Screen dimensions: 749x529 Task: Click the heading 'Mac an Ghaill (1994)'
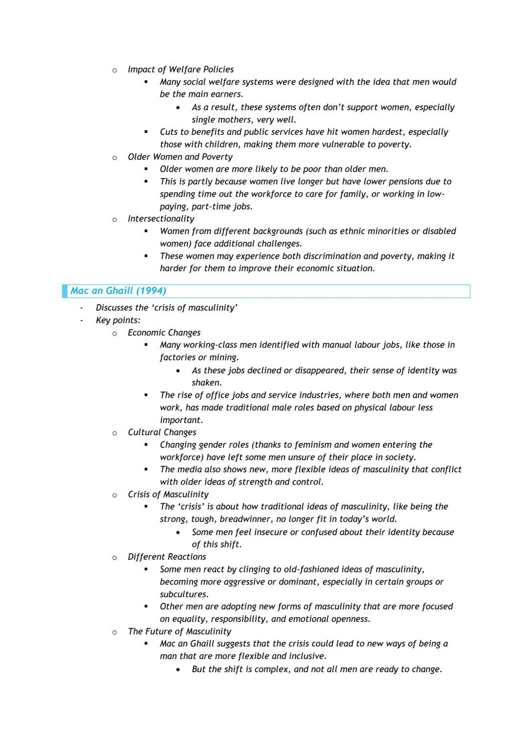coord(118,291)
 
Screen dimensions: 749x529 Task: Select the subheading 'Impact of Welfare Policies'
coord(180,70)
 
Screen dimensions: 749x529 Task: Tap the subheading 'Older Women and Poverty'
coord(180,157)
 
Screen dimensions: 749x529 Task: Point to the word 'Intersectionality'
coord(161,219)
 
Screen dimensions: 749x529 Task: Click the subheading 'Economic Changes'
coord(164,333)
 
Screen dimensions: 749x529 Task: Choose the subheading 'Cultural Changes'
coord(162,432)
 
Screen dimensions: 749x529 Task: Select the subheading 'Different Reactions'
coord(167,557)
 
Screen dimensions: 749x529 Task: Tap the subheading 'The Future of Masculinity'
coord(179,631)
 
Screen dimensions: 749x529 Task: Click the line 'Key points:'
coord(118,320)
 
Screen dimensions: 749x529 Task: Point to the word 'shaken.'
coord(207,383)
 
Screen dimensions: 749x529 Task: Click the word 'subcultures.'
coord(184,594)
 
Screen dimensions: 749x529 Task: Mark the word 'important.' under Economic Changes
coord(181,420)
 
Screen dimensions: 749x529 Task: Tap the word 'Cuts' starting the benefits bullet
coord(168,132)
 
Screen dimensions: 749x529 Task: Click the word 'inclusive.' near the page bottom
coord(306,656)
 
